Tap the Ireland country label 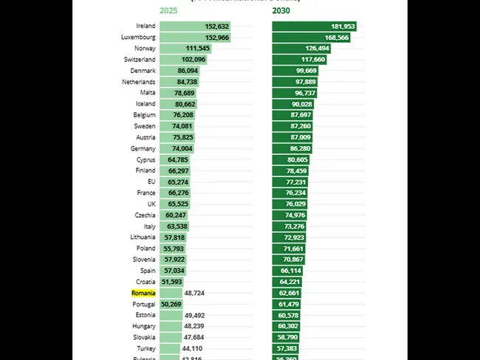tap(145, 26)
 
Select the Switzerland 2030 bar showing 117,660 tap(310, 59)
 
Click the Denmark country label tap(142, 71)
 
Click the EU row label tap(151, 181)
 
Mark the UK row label tap(151, 204)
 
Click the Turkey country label tap(145, 348)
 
